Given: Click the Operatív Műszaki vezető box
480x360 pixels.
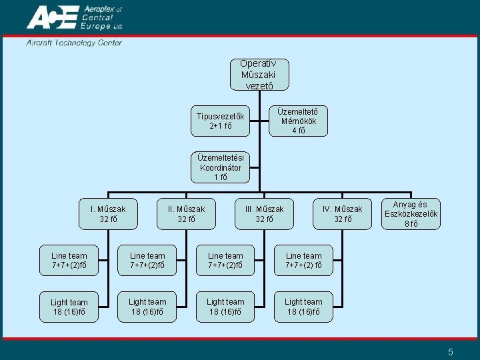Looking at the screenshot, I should [259, 75].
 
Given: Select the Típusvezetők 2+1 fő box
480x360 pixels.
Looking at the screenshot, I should [220, 121].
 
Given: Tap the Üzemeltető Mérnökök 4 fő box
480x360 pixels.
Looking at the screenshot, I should [298, 121].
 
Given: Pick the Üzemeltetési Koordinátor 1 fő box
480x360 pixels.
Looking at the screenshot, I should [221, 167].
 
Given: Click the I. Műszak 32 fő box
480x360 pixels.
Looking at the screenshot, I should [108, 213].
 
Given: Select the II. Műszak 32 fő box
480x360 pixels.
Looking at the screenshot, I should [187, 213].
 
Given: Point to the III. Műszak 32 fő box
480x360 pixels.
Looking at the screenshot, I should [265, 213].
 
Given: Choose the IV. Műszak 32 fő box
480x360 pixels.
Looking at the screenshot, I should [343, 213].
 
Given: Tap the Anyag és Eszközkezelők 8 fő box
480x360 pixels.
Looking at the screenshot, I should [411, 214].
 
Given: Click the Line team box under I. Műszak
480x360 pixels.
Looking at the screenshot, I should [69, 260].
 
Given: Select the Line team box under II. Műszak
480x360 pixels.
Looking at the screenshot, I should [147, 260].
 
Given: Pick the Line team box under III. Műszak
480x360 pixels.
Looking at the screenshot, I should [225, 260].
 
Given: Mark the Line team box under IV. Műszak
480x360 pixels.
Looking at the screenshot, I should [303, 260].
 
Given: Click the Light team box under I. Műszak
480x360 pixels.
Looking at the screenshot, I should [69, 307].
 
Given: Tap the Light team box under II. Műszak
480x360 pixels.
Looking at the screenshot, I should [147, 307].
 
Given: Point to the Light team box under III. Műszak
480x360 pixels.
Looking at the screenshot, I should [225, 307].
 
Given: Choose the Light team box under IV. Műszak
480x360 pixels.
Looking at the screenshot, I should [303, 307].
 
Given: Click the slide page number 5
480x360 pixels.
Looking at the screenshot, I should [451, 352].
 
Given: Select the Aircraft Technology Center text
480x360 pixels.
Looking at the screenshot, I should [74, 43].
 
